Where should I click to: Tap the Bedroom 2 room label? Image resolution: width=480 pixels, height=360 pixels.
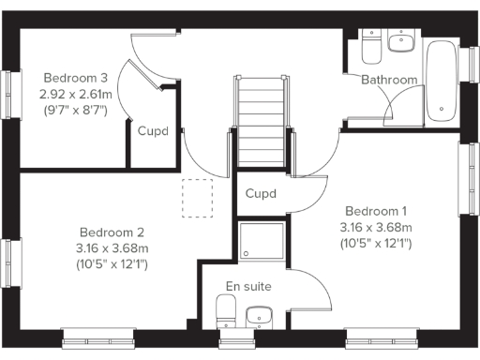point(111,232)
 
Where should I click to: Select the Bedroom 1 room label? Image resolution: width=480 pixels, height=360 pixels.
point(377,210)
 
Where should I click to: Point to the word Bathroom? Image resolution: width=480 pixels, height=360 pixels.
point(389,80)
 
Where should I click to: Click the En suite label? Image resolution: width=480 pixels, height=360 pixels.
point(249,286)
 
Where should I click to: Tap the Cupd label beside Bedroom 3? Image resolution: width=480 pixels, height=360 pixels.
point(153,131)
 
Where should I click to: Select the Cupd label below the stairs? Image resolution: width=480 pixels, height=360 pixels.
point(261,194)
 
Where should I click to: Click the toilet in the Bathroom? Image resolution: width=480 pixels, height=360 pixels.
point(369,43)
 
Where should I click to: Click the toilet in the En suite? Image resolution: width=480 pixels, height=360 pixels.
point(226,310)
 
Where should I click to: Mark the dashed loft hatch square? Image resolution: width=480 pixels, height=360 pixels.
point(197,198)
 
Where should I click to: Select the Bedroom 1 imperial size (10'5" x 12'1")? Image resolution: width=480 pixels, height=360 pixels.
point(377,243)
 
